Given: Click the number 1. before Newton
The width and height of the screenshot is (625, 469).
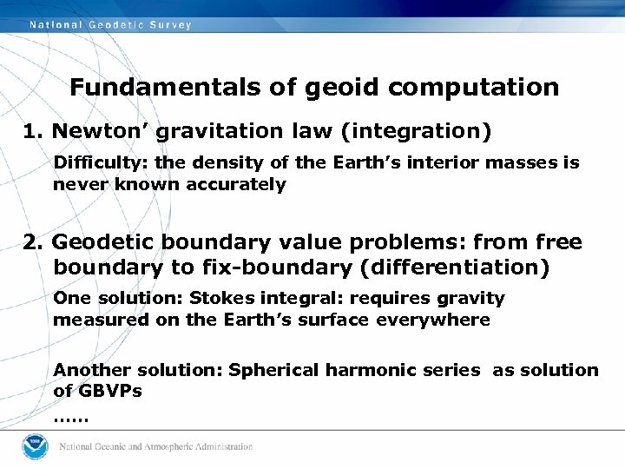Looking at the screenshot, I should (34, 131).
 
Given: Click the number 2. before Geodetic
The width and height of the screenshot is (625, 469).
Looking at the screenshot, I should (34, 242).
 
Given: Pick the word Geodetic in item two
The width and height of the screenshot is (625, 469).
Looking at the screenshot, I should (99, 242).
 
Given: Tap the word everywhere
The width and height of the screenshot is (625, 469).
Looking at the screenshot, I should (443, 320).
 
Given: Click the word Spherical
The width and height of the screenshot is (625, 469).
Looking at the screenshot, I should (273, 370).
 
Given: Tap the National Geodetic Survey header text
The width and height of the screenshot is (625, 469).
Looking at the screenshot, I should (110, 25).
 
